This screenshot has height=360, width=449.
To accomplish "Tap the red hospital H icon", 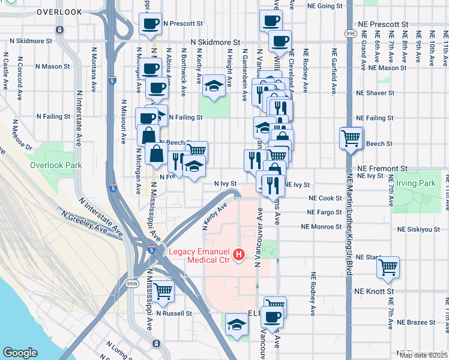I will [240, 256].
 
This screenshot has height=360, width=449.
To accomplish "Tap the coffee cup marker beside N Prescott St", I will [150, 24].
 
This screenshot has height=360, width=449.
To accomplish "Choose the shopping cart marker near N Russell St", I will [163, 292].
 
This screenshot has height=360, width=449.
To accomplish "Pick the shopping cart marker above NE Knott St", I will [388, 266].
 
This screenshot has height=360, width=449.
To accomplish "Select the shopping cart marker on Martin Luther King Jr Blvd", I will [351, 138].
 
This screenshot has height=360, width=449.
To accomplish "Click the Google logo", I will [20, 352].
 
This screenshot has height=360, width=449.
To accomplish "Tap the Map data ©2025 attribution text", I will [423, 355].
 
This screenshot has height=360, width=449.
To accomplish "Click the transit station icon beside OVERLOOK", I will [59, 29].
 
